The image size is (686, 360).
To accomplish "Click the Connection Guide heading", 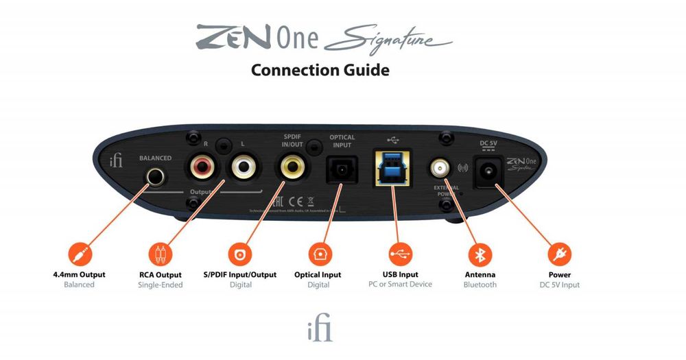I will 320,70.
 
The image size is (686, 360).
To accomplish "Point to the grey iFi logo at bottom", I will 320,329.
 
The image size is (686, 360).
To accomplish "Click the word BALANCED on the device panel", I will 155,158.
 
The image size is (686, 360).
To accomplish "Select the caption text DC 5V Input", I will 560,285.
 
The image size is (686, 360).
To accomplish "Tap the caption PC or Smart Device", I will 400,284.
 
